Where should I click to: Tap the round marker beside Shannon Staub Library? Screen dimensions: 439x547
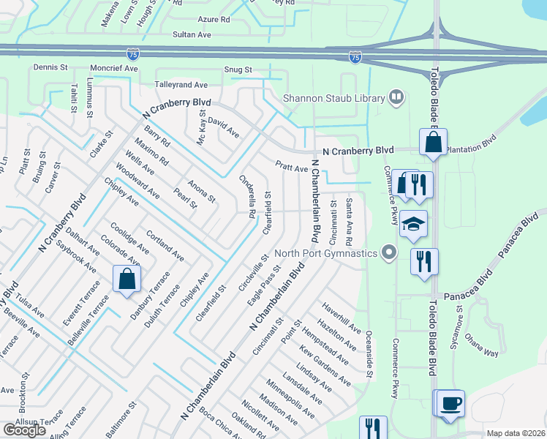(396, 97)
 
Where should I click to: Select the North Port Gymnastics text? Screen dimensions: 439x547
(326, 254)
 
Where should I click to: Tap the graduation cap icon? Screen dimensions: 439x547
(414, 224)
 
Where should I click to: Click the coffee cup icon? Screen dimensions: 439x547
(450, 402)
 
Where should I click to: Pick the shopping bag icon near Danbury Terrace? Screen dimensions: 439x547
(127, 278)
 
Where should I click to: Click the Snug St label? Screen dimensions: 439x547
(238, 70)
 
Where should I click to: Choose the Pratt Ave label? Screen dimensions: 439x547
(292, 168)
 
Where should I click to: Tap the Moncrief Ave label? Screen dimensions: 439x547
(114, 68)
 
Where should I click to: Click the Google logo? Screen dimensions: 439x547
(24, 429)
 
